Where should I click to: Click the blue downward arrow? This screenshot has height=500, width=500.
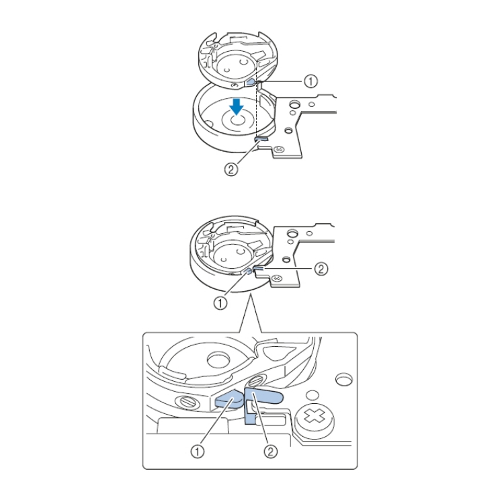pyautogui.click(x=237, y=106)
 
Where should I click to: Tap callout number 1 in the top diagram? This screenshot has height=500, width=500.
pyautogui.click(x=310, y=81)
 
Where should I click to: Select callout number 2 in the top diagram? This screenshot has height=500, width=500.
pyautogui.click(x=231, y=169)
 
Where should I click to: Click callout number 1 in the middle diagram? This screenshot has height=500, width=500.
pyautogui.click(x=220, y=303)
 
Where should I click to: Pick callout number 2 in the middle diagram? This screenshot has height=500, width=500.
pyautogui.click(x=321, y=269)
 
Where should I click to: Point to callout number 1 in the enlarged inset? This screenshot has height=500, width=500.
pyautogui.click(x=198, y=452)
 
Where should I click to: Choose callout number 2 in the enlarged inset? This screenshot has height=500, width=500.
pyautogui.click(x=270, y=452)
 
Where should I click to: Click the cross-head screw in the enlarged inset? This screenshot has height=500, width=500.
pyautogui.click(x=314, y=417)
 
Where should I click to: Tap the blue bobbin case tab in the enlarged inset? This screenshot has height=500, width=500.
pyautogui.click(x=228, y=400)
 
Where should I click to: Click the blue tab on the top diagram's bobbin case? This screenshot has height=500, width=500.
pyautogui.click(x=251, y=82)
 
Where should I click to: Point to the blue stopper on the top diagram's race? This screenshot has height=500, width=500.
pyautogui.click(x=261, y=138)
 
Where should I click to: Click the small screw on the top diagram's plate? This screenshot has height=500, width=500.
pyautogui.click(x=279, y=149)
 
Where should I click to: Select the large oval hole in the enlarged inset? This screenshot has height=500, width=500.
pyautogui.click(x=218, y=360)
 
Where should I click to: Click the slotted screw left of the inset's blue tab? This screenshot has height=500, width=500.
pyautogui.click(x=187, y=401)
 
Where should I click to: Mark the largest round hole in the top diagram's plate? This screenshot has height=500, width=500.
pyautogui.click(x=295, y=104)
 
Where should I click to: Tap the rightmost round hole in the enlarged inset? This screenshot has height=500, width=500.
pyautogui.click(x=344, y=379)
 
